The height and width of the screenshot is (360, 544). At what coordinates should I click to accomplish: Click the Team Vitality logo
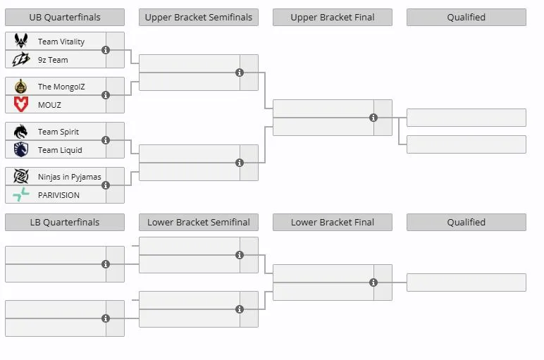21,41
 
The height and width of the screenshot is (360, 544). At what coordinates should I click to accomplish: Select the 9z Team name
53,60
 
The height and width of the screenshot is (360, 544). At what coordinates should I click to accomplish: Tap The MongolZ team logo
21,86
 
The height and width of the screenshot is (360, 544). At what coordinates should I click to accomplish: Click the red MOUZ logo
21,104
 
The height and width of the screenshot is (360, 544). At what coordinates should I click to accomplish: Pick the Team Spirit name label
58,132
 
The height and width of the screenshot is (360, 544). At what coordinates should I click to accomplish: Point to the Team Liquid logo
21,149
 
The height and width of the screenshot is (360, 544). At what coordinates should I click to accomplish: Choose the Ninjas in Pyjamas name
69,177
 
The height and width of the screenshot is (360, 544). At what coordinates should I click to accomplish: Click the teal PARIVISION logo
21,194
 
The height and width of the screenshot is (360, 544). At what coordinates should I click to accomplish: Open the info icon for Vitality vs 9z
106,50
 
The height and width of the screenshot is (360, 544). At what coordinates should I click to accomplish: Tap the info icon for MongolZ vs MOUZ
106,95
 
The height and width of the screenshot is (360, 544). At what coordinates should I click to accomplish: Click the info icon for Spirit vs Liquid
106,140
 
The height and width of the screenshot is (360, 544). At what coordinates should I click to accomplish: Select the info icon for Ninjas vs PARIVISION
106,185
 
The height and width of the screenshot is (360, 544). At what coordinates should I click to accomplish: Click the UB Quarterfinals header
65,18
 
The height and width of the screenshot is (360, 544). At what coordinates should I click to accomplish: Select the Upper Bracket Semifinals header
199,18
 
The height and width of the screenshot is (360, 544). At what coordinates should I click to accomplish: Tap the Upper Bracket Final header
333,18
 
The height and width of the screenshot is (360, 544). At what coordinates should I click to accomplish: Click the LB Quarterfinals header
65,223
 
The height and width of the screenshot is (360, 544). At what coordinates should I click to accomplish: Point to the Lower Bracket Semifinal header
199,223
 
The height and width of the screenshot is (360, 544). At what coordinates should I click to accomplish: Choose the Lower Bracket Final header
333,223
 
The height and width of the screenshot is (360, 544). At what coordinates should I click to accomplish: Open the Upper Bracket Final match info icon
373,118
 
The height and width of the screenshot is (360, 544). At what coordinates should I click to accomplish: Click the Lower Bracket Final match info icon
373,283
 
